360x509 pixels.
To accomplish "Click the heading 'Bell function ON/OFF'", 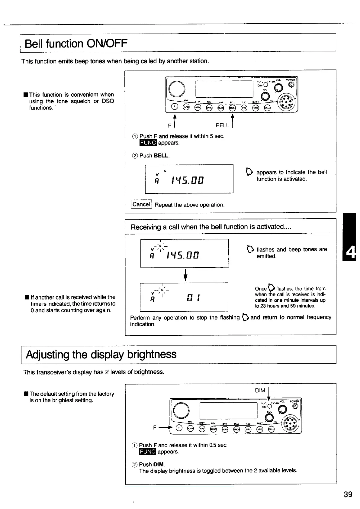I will click(76, 44).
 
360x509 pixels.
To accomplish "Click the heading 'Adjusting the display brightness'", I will click(101, 354).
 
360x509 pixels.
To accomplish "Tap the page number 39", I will click(348, 494).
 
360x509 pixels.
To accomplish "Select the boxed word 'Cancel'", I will click(141, 204).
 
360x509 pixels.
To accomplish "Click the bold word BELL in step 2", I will click(161, 156).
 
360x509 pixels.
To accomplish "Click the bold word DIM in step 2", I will click(159, 464).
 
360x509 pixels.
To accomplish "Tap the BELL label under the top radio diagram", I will click(223, 125).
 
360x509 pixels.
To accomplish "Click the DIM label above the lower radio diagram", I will click(260, 391).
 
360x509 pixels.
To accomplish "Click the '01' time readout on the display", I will click(192, 298).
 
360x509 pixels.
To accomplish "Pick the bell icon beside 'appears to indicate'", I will click(250, 172).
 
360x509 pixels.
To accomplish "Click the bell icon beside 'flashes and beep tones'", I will click(250, 249).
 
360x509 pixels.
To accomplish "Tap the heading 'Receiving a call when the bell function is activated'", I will click(211, 227).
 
